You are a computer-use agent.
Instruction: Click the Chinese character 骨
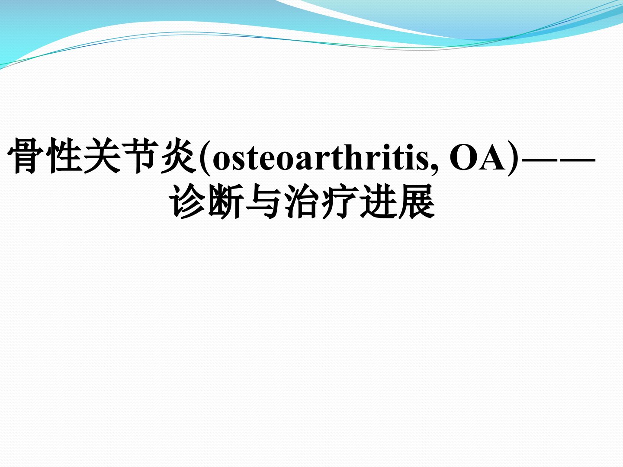click(25, 156)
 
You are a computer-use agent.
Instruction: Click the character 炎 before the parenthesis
click(178, 156)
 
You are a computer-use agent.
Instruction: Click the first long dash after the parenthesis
click(539, 160)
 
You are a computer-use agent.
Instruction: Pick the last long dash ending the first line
click(576, 160)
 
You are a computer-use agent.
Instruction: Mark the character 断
click(226, 202)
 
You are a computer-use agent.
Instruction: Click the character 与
click(263, 202)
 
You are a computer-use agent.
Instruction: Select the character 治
click(302, 202)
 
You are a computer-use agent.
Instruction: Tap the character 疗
click(340, 202)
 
